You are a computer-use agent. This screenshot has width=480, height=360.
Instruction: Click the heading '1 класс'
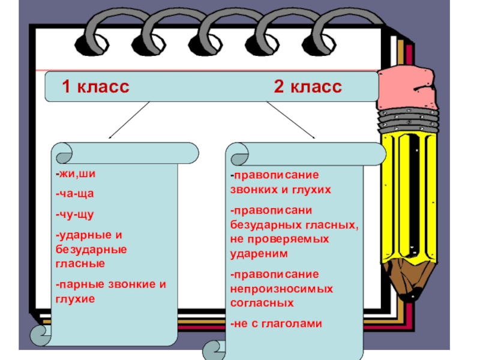(x=95, y=87)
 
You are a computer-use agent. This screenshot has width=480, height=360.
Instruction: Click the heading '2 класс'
(x=308, y=87)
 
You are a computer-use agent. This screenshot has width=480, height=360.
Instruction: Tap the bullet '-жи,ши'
(x=74, y=175)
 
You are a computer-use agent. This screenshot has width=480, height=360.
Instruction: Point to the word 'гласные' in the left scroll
(x=80, y=263)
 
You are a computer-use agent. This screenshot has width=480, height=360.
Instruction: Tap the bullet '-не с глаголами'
(x=276, y=323)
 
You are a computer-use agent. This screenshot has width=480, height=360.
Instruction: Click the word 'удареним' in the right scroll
(x=259, y=253)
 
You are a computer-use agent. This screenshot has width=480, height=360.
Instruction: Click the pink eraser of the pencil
(x=409, y=88)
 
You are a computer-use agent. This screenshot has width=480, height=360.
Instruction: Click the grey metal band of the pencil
(x=409, y=120)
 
